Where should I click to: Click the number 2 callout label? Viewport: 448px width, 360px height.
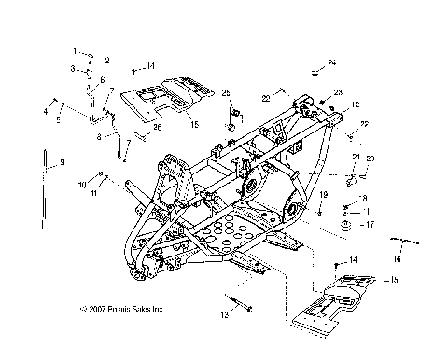(106, 60)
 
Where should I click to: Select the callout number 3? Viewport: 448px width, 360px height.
(71, 69)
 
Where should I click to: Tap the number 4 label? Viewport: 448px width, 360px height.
(44, 111)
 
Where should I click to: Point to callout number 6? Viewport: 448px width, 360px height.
(102, 80)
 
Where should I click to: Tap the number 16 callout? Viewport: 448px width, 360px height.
(396, 259)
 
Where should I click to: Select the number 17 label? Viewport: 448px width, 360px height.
(371, 225)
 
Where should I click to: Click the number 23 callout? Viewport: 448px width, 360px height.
(338, 91)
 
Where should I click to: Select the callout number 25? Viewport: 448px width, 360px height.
(225, 91)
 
